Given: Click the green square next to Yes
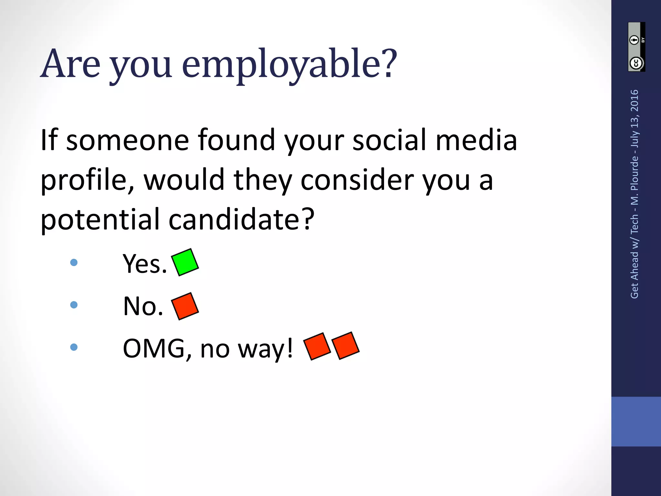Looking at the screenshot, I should coord(185,262).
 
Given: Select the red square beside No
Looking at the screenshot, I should coord(185,306).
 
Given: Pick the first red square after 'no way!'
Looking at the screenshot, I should coord(317,346).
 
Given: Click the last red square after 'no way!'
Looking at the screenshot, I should coord(345,346).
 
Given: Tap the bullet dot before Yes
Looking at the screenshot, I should coord(74,262).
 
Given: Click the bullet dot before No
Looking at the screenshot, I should coord(74,305).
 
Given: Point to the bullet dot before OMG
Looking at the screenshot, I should coord(74,347).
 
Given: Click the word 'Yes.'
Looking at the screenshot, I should coord(145,264).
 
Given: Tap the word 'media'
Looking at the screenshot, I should coord(476,140).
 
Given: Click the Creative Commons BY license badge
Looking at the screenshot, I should coord(636,47).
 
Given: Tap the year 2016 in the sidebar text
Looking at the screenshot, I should coord(635,100).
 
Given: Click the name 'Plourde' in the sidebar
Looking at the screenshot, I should coord(635,172).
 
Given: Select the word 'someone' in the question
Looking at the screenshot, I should coord(127,140).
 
